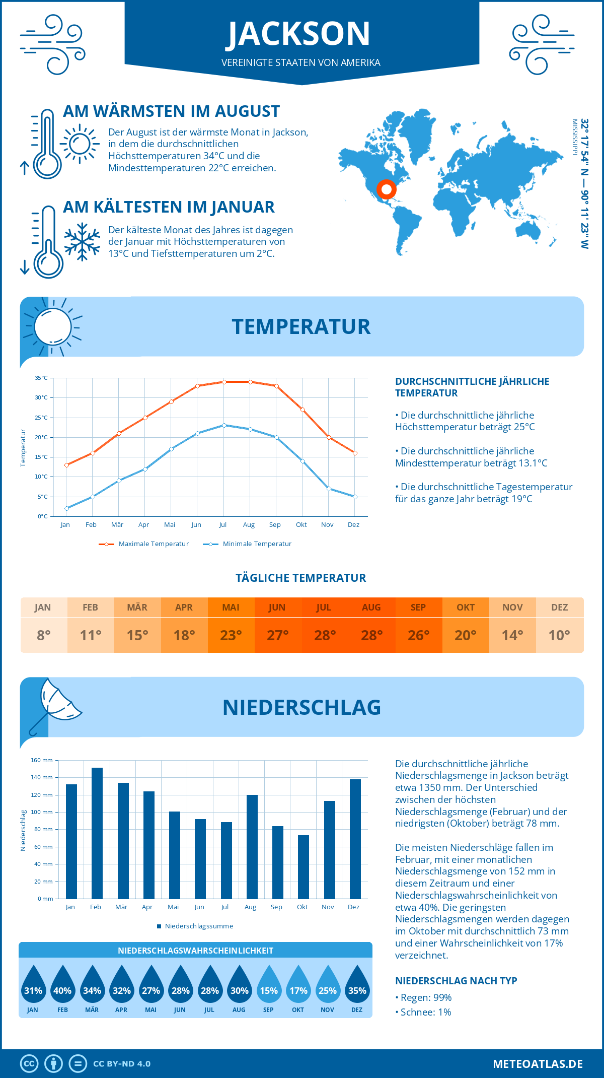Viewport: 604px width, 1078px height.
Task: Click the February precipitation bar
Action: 97,833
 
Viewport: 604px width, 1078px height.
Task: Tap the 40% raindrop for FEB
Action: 62,984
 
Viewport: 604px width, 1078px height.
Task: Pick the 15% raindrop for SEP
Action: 268,984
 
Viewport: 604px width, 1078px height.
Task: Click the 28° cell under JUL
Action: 325,635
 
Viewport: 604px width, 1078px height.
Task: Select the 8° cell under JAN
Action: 44,635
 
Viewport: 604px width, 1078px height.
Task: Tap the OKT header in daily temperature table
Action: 465,607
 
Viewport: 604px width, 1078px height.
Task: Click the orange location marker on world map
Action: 387,189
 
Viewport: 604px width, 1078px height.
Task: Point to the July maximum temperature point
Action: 224,382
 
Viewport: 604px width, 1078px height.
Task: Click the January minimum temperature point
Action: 66,508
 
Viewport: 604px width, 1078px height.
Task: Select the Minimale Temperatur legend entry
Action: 248,544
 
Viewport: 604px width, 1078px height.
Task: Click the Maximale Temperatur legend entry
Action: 144,544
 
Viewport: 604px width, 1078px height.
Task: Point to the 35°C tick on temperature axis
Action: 42,378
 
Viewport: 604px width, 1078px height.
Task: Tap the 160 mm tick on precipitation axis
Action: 42,760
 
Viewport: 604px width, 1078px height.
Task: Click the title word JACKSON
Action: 299,34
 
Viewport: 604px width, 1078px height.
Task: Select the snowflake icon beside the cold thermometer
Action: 82,241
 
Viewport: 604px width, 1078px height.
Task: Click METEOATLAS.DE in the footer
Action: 538,1064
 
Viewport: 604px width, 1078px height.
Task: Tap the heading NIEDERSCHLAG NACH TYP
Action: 456,981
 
